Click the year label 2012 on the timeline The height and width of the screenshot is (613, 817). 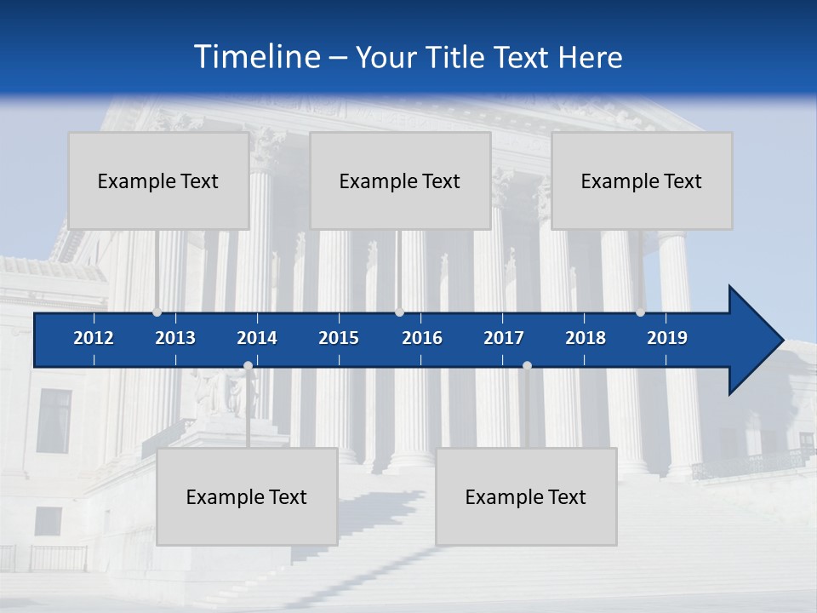click(x=94, y=338)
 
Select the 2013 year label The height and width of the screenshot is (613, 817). click(x=175, y=338)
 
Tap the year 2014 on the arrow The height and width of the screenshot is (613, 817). click(x=257, y=338)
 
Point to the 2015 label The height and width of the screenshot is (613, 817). click(x=339, y=338)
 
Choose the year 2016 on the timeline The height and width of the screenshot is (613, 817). click(x=422, y=338)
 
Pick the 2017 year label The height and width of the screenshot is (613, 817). click(x=504, y=338)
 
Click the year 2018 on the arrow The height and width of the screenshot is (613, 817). click(x=586, y=338)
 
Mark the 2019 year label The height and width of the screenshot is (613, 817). click(x=667, y=338)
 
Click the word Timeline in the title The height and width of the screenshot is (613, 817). click(x=256, y=57)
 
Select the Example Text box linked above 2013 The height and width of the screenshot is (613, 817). click(x=158, y=180)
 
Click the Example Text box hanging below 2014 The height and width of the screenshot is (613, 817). click(x=247, y=496)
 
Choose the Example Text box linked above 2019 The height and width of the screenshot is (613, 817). click(x=642, y=180)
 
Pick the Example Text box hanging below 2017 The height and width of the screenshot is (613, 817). click(x=526, y=496)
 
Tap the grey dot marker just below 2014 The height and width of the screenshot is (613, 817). click(x=248, y=366)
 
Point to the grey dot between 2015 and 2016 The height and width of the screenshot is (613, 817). click(x=399, y=312)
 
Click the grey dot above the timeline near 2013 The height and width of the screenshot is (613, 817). click(x=157, y=312)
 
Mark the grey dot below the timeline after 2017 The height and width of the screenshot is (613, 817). click(x=527, y=366)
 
